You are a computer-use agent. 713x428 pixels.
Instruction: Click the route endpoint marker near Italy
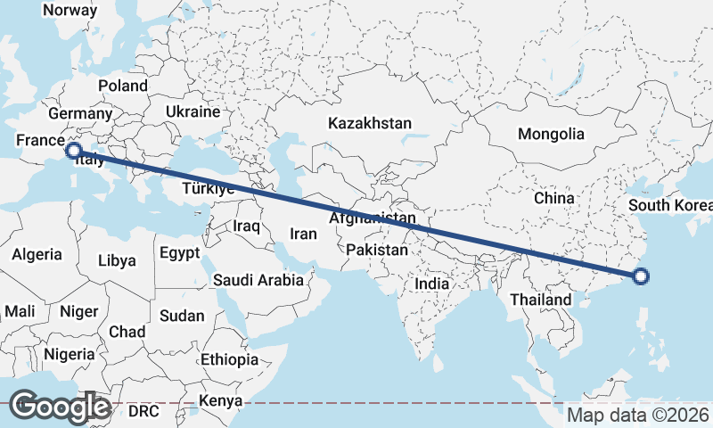[x=73, y=151]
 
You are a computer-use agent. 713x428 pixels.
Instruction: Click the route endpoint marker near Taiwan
[x=641, y=276]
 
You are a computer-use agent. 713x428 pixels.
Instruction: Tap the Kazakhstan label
[x=369, y=122]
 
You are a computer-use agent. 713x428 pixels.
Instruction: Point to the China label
[x=553, y=197]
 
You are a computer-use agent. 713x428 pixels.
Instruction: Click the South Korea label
[x=670, y=206]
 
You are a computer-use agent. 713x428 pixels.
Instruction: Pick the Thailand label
[x=540, y=300]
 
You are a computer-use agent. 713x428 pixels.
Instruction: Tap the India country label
[x=432, y=284]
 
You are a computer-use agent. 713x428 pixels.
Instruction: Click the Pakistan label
[x=377, y=250]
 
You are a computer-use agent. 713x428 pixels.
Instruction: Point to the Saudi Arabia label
[x=258, y=280]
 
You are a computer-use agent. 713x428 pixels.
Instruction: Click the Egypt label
[x=180, y=252]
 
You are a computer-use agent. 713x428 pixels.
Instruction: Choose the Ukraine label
[x=192, y=111]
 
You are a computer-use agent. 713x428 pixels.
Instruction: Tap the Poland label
[x=123, y=86]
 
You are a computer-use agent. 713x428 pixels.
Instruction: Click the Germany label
[x=80, y=113]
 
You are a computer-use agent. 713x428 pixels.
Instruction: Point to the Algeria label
[x=37, y=254]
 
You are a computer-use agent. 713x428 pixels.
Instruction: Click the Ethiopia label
[x=229, y=359]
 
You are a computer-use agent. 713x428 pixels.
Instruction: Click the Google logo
[x=59, y=407]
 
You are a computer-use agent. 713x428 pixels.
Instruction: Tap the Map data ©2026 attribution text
[x=638, y=415]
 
